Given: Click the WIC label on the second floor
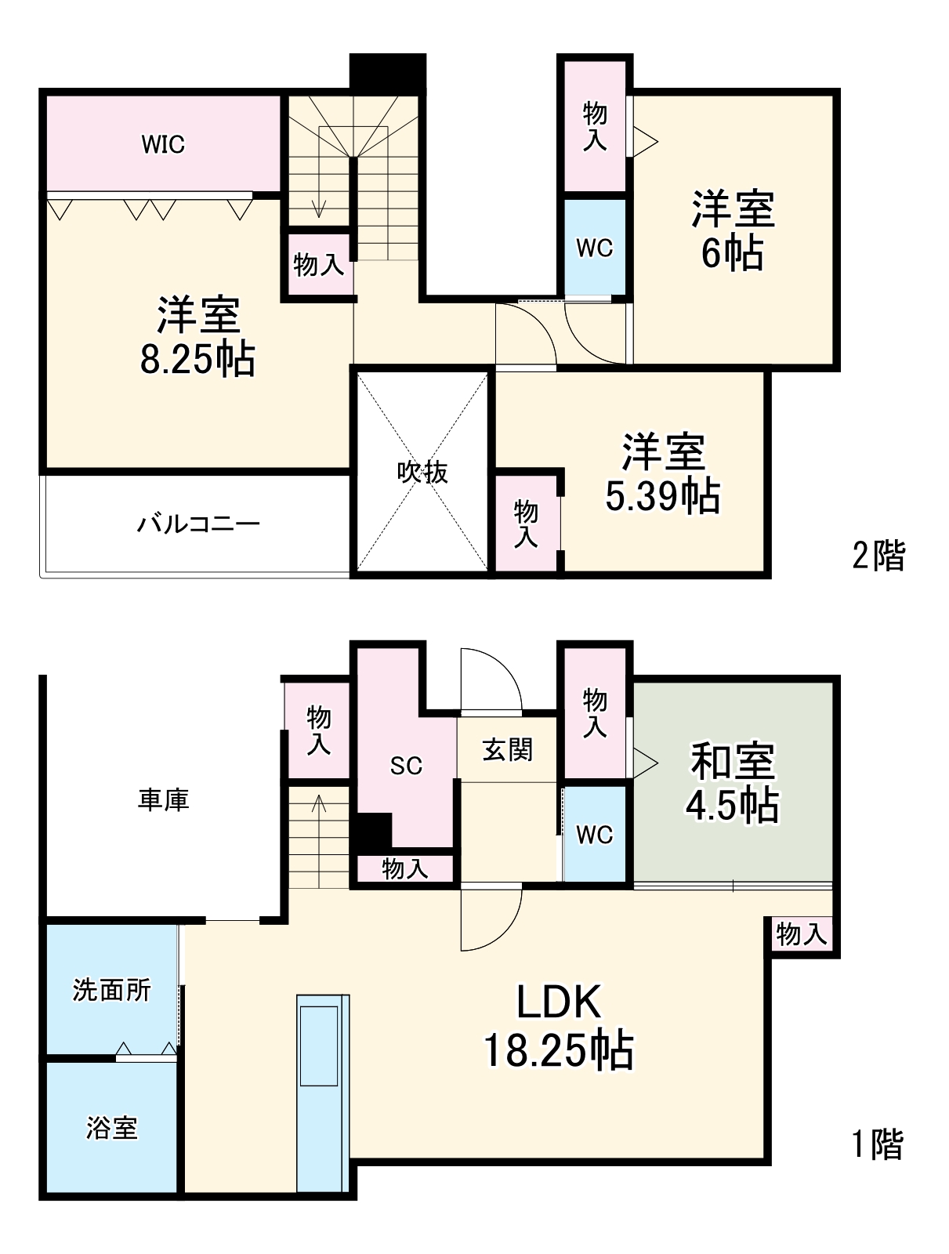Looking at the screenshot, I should (x=163, y=144).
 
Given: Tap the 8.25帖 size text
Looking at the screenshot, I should (x=197, y=360).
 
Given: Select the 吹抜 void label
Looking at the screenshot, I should (x=422, y=472).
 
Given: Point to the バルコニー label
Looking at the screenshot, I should (x=198, y=524).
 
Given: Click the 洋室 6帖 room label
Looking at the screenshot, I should (x=733, y=230).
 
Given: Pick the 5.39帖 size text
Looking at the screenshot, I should (x=663, y=495).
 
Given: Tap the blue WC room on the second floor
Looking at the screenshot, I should (x=594, y=248).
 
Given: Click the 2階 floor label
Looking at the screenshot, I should (x=878, y=556).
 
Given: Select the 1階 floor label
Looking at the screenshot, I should (x=878, y=1144).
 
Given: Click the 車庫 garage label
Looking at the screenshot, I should (x=164, y=800).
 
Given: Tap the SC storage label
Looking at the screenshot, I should (x=406, y=766).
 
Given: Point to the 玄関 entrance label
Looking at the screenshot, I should (x=508, y=750).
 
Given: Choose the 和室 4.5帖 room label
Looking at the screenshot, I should (x=733, y=783).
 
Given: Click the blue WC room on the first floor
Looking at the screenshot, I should (x=594, y=835).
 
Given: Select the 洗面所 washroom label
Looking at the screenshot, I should (x=111, y=990).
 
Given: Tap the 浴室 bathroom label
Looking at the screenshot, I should (x=111, y=1128).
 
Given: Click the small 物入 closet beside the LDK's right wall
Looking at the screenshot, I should (x=801, y=933).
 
